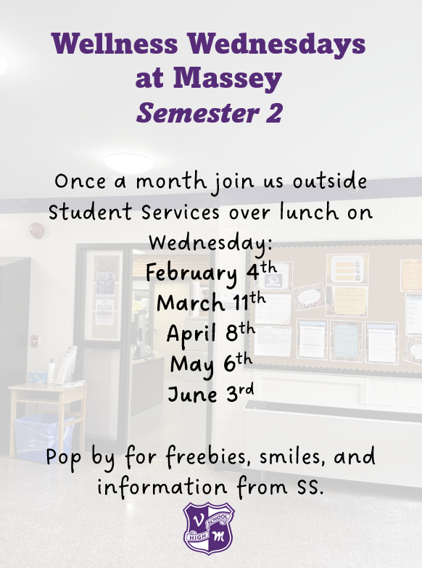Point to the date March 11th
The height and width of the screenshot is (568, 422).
pos(211,301)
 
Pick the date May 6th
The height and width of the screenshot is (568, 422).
pos(211,362)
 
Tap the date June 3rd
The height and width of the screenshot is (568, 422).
pos(211,393)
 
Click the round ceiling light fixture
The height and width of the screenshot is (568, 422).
pos(128,162)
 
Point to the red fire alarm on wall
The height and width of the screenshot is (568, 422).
pos(36,231)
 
